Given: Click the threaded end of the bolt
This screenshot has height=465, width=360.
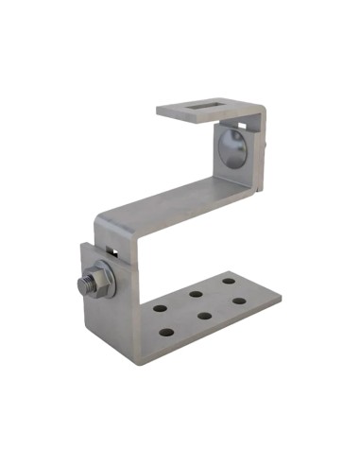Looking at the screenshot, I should coord(79,283).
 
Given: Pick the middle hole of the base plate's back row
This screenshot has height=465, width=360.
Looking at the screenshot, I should coord(194,293).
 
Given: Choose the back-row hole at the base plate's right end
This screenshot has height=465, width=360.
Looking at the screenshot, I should coord(229,281).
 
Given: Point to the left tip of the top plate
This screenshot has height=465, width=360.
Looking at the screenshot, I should coord(159,111).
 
